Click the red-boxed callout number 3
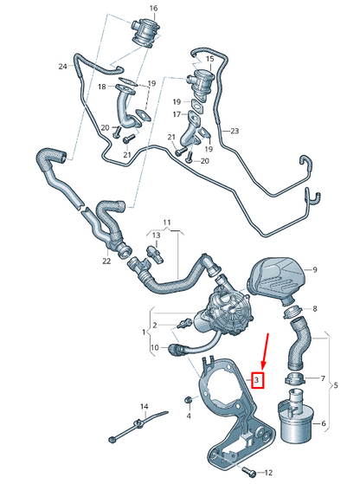[257, 380]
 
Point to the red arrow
[266, 352]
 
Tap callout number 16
[153, 9]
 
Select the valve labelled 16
[143, 33]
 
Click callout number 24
[62, 67]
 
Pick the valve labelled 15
[201, 83]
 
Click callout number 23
[235, 131]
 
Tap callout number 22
[106, 261]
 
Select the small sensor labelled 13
[155, 254]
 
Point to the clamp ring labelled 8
[292, 312]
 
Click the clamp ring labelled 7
[294, 378]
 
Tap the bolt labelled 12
[247, 471]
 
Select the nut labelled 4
[189, 400]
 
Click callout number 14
[144, 407]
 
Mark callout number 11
[167, 223]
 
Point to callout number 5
[336, 385]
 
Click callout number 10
[155, 347]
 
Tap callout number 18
[102, 87]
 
